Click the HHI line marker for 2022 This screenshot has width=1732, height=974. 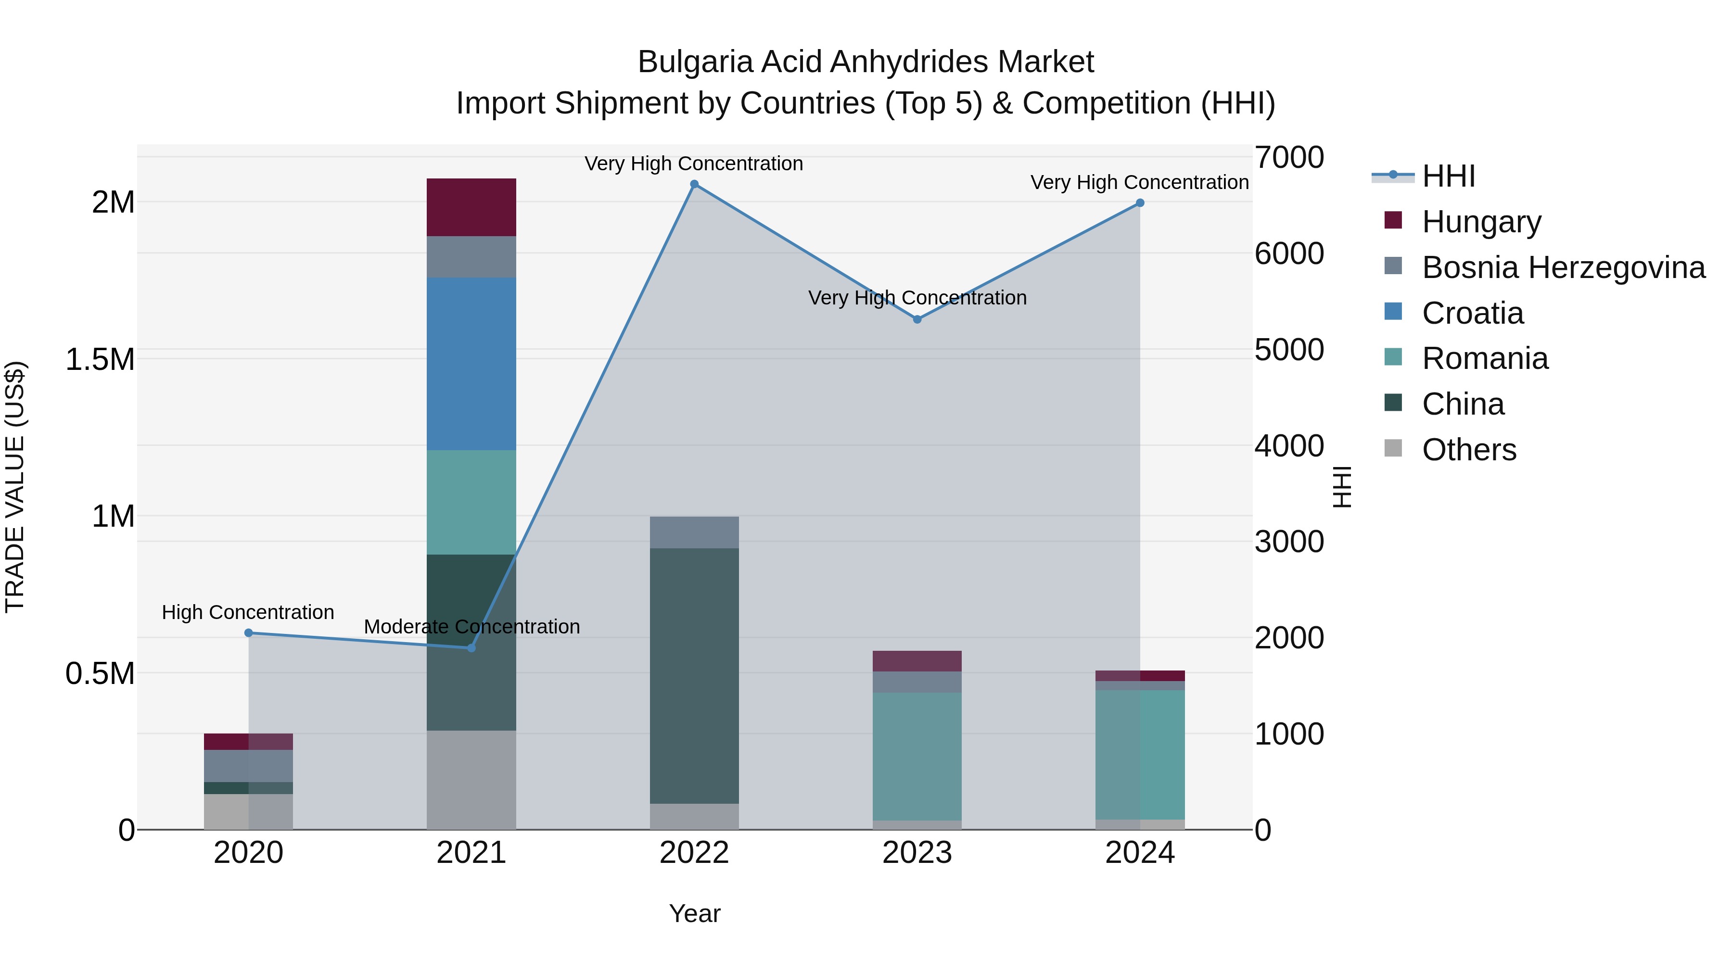[x=694, y=184]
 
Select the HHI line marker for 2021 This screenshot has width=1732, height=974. [x=471, y=647]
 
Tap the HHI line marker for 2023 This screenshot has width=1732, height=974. [x=917, y=319]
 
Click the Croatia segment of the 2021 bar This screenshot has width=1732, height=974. [x=471, y=364]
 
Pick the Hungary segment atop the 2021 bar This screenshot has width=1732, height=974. [x=471, y=207]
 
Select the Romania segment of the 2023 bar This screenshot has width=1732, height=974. [x=917, y=756]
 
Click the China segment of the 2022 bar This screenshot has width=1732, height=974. [x=694, y=676]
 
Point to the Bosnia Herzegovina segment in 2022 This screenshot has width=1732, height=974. [x=694, y=532]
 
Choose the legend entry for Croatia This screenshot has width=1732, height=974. [x=1473, y=313]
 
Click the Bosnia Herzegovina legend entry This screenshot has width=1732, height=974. [x=1563, y=267]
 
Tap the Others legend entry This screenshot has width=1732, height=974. [x=1469, y=450]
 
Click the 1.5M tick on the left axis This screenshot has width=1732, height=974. [x=100, y=360]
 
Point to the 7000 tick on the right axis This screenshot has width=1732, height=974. [x=1289, y=157]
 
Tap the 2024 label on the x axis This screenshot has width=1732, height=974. [x=1140, y=853]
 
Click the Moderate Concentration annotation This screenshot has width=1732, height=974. [x=471, y=626]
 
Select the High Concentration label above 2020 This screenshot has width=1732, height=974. [x=248, y=612]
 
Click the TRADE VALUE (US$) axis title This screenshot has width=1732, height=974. [x=15, y=487]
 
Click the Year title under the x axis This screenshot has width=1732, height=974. [x=695, y=913]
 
